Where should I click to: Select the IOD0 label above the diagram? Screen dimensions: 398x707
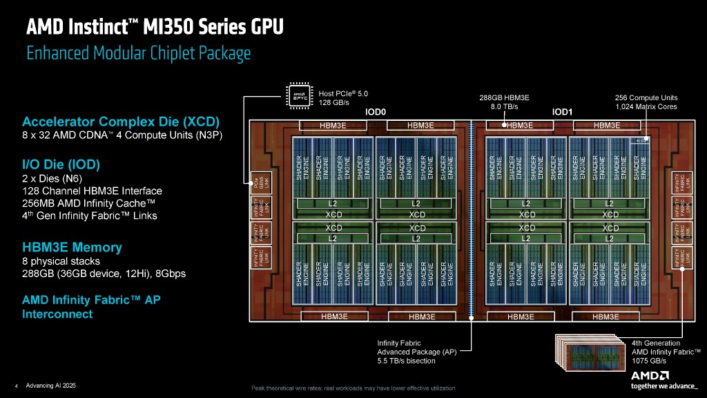click(375, 111)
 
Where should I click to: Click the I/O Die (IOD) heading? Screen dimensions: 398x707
click(61, 164)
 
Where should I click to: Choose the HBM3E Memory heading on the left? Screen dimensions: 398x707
click(72, 247)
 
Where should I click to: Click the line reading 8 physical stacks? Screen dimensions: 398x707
click(61, 261)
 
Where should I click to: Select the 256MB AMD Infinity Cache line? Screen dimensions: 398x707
click(88, 203)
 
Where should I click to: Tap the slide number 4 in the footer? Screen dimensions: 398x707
click(16, 386)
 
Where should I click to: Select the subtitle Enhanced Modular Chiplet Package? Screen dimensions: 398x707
click(138, 53)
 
